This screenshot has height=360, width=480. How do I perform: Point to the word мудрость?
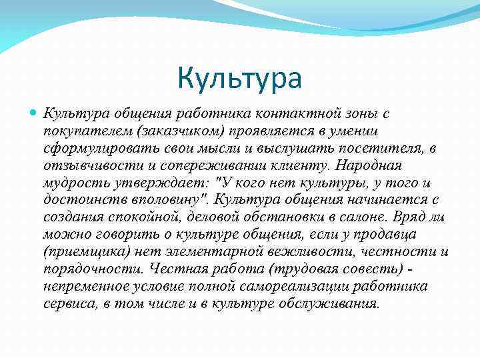75,182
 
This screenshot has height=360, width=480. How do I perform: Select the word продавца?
395,234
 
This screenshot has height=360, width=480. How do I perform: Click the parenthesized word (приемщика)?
83,251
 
